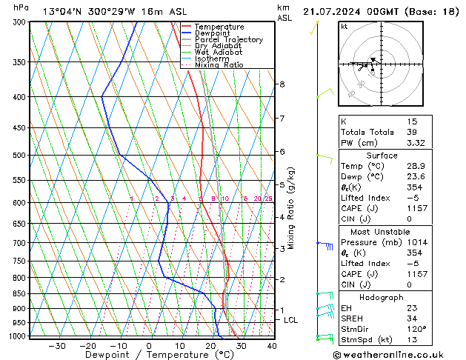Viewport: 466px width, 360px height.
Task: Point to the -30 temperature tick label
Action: pos(57,345)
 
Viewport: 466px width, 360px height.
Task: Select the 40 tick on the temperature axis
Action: pos(272,345)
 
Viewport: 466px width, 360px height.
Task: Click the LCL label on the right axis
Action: pos(290,320)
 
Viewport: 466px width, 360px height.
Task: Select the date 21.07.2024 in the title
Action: pos(332,11)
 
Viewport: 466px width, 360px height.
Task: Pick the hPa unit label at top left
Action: pos(21,8)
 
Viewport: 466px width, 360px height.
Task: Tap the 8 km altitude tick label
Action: pos(282,84)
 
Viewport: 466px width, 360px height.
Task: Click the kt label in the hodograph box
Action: pos(344,27)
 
